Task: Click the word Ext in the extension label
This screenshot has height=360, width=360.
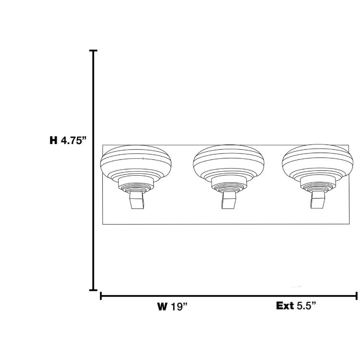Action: pos(284,306)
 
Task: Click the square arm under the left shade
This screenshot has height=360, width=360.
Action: pos(137,200)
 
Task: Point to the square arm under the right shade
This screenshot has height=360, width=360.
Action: pos(317,200)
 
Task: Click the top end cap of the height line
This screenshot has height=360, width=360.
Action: pos(93,51)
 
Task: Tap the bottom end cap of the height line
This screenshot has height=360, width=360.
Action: pos(93,289)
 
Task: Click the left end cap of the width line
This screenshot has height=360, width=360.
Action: pos(101,296)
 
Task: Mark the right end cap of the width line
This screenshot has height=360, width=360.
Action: pos(356,296)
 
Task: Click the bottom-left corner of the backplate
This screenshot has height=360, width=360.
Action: pos(103,225)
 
